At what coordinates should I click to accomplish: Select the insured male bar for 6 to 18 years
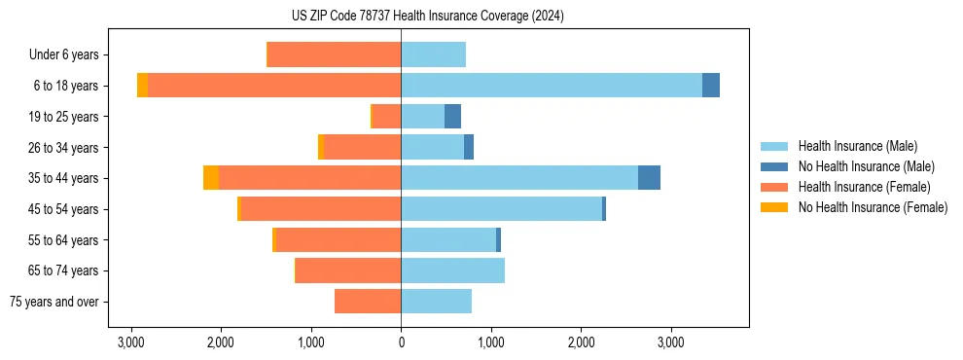[551, 86]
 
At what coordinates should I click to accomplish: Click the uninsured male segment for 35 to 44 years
[649, 178]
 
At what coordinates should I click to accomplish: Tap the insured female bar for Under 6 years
[334, 55]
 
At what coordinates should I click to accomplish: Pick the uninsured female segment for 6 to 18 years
[143, 86]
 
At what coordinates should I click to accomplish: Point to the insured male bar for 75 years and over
[436, 302]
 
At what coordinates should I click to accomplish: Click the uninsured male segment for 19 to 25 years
[452, 117]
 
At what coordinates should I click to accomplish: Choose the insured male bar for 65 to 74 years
[452, 270]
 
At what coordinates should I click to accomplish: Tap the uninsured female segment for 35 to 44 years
[211, 178]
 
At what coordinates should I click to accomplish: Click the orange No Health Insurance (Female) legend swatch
[774, 207]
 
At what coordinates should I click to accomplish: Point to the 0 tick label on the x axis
[401, 342]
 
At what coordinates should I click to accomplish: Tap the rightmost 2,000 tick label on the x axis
[581, 342]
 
